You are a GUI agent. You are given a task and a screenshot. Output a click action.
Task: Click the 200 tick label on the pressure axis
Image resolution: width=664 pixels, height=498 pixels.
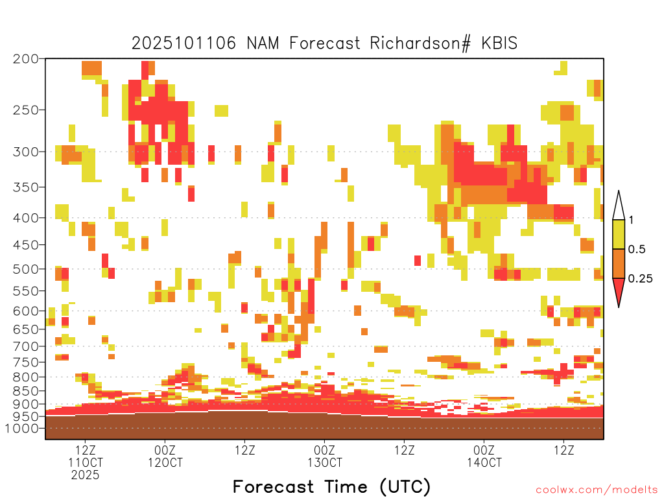click(x=26, y=59)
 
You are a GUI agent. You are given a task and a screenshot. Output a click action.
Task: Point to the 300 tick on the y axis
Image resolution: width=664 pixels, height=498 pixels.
click(x=26, y=152)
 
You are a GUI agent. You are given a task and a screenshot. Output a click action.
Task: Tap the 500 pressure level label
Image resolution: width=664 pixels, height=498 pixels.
click(x=26, y=269)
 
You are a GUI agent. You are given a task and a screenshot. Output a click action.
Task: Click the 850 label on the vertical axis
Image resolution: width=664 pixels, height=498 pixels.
click(x=26, y=390)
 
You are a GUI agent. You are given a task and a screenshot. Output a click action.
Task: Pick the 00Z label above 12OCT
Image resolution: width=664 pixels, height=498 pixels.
click(x=165, y=450)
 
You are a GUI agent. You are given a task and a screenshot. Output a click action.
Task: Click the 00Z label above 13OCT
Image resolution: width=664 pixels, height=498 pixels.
click(x=324, y=450)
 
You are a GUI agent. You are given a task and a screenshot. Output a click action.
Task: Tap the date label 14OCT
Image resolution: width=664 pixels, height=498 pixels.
click(x=484, y=462)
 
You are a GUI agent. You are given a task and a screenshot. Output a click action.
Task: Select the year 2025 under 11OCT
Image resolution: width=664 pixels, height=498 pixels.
click(x=85, y=475)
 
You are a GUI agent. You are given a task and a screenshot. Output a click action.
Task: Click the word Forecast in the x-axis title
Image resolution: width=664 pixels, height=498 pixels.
click(x=274, y=486)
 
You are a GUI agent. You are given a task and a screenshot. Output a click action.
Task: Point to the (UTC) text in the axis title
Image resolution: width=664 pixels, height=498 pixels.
click(x=405, y=486)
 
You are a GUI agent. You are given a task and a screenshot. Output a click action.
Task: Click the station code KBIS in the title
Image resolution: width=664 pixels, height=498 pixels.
click(x=499, y=43)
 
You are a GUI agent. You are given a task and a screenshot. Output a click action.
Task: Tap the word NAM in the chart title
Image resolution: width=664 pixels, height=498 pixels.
click(x=263, y=43)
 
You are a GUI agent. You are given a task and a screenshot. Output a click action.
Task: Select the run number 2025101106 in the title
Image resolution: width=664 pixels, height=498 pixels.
click(x=184, y=43)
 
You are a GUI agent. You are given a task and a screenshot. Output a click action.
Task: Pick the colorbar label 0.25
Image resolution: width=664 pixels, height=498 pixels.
click(x=640, y=278)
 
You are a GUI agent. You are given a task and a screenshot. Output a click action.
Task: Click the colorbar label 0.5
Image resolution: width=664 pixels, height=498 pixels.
click(x=637, y=249)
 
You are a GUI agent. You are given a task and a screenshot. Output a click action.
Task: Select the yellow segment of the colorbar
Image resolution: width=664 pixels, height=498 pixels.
click(x=619, y=234)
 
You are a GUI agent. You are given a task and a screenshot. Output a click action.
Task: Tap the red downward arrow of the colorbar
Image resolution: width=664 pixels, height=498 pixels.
click(x=619, y=290)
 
